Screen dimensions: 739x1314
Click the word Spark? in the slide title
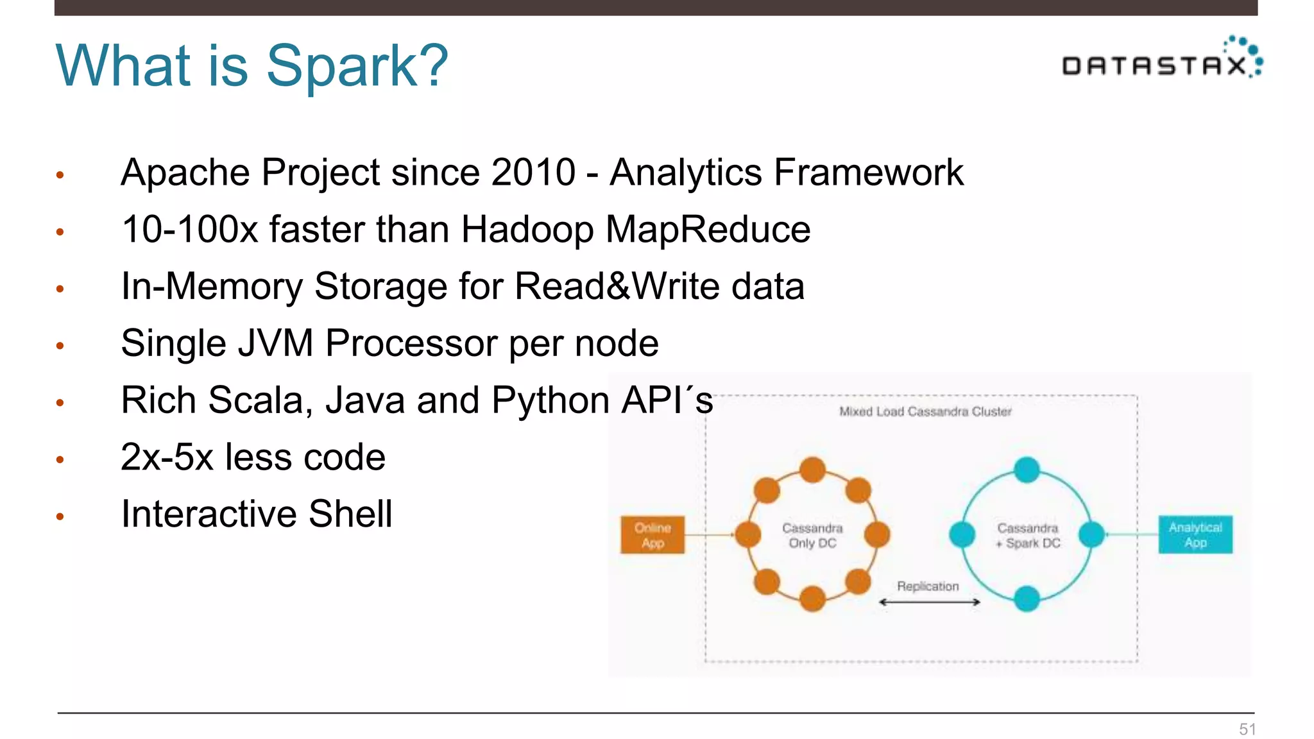(x=357, y=65)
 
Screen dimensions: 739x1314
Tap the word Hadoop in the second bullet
(x=527, y=230)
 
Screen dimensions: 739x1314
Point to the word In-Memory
(x=212, y=286)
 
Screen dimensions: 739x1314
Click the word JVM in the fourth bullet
(x=275, y=343)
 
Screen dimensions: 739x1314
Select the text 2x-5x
(x=167, y=457)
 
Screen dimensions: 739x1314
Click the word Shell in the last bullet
(x=350, y=514)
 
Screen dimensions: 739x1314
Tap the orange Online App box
(x=653, y=535)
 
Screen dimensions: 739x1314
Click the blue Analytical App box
(x=1195, y=535)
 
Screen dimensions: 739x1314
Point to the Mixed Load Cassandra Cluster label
(x=925, y=412)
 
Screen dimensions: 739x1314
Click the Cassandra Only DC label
(x=812, y=536)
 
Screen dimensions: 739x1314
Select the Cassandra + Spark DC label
(x=1028, y=536)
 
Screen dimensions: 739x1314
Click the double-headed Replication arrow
(x=929, y=602)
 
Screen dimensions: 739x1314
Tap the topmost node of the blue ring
(x=1027, y=470)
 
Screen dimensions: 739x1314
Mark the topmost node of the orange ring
(x=812, y=470)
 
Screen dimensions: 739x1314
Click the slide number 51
(x=1247, y=729)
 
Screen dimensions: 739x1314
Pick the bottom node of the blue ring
(x=1027, y=599)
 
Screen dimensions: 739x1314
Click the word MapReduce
(x=708, y=230)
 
